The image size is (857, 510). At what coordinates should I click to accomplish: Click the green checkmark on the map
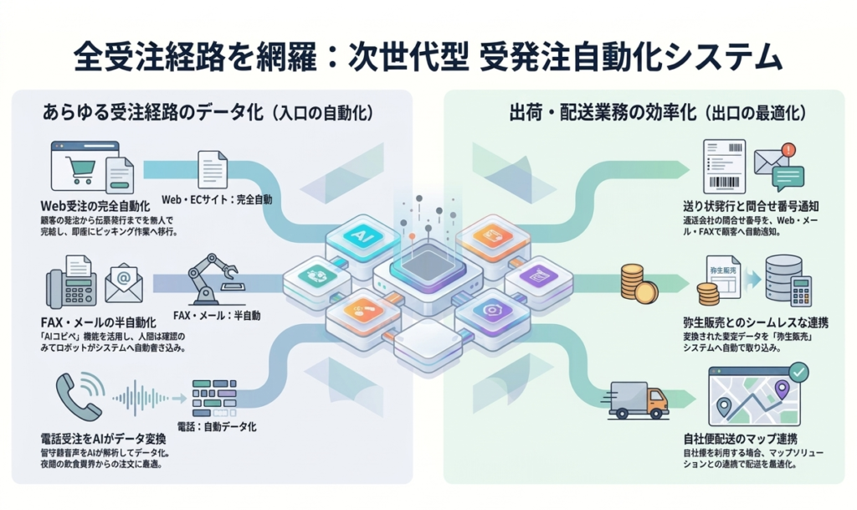coord(798,370)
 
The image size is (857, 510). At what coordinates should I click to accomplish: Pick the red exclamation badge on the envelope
coord(786,150)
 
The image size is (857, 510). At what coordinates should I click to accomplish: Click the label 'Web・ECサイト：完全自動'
coord(216,201)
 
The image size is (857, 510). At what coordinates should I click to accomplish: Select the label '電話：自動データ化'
coord(221,425)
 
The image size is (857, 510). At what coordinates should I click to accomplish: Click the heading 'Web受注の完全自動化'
coord(95,205)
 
